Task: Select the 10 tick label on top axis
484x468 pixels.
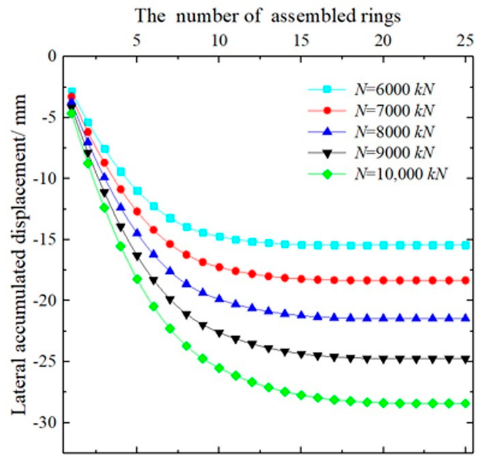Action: pos(219,41)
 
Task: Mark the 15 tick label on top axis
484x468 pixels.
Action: pos(301,41)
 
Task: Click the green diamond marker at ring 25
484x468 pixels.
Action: pos(465,404)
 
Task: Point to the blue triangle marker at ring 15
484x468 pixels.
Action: pos(301,315)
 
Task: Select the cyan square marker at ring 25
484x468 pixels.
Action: pos(465,245)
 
